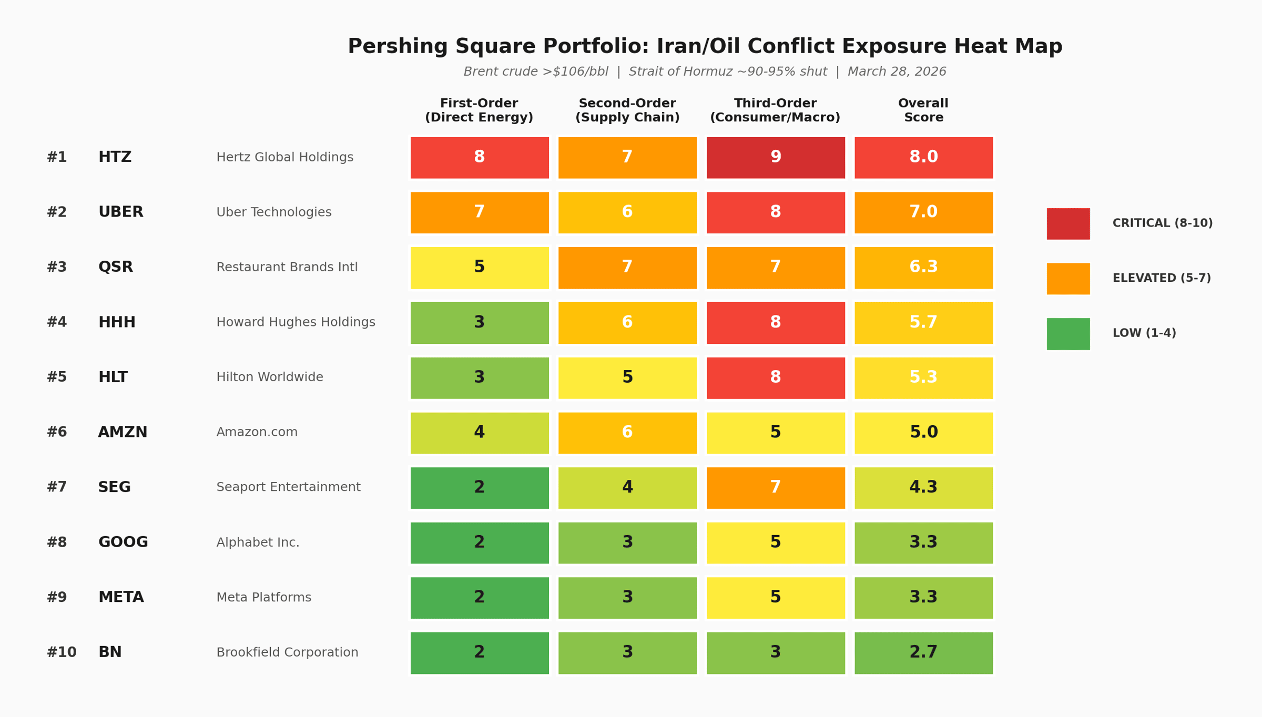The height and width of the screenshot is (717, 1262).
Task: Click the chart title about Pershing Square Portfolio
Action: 705,47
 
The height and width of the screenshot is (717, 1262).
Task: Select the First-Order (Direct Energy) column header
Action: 479,110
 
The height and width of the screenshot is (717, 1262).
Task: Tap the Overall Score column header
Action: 923,110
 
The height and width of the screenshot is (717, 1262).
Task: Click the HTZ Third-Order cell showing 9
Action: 776,158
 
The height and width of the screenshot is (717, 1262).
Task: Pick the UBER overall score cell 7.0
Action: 923,212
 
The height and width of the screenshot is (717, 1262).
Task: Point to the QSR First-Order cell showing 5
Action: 480,268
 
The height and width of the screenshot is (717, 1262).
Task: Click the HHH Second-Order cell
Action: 627,323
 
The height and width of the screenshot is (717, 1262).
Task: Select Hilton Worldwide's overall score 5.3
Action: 923,378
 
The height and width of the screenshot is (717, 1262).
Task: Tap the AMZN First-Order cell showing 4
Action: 480,433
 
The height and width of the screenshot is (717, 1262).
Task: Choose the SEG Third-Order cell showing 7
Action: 776,488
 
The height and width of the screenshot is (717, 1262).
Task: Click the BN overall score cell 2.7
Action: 923,653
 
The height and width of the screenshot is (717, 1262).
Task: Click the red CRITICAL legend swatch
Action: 1068,224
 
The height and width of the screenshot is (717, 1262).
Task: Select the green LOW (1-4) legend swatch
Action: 1068,334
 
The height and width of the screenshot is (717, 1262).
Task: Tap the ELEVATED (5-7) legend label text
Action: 1162,278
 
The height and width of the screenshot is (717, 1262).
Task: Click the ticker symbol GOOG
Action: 123,542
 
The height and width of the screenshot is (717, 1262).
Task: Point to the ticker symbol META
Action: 121,598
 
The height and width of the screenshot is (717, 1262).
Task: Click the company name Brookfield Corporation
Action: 287,652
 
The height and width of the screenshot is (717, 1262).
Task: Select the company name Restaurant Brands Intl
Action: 287,267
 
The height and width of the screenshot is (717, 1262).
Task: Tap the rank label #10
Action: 62,652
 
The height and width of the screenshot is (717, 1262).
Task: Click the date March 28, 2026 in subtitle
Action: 897,72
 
